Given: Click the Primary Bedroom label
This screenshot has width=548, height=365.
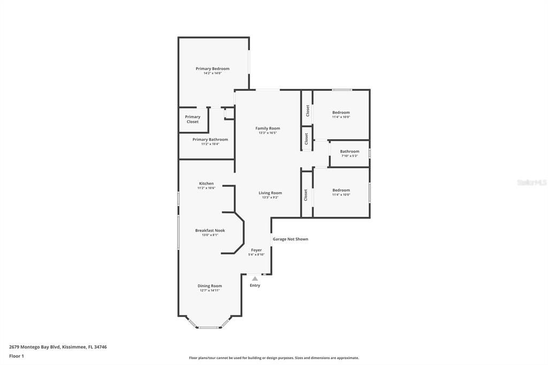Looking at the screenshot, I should pyautogui.click(x=212, y=69).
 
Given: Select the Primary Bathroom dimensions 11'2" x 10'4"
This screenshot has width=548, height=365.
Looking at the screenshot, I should pyautogui.click(x=210, y=144).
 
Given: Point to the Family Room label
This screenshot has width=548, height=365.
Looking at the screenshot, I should pyautogui.click(x=268, y=128).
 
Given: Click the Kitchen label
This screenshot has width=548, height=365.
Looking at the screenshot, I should pyautogui.click(x=206, y=184).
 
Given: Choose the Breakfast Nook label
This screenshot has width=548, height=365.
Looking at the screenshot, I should pyautogui.click(x=210, y=231).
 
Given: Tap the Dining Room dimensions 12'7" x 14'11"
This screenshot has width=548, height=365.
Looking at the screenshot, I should pyautogui.click(x=210, y=291).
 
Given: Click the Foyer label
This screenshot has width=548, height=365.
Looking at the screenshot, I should pyautogui.click(x=256, y=250).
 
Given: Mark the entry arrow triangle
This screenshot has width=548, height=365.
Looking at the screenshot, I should pyautogui.click(x=255, y=278).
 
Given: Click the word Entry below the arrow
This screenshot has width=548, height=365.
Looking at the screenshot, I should pyautogui.click(x=255, y=285).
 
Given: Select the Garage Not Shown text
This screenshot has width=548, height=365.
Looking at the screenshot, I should pyautogui.click(x=291, y=239).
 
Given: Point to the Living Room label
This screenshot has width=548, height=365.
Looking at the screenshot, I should pyautogui.click(x=270, y=193).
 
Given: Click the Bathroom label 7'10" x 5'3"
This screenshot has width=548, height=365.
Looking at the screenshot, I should pyautogui.click(x=349, y=151).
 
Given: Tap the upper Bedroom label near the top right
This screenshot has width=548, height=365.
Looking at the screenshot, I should pyautogui.click(x=341, y=112).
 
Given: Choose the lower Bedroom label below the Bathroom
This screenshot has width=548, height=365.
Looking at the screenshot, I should pyautogui.click(x=341, y=190).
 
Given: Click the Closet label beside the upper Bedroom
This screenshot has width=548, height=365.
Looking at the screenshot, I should pyautogui.click(x=307, y=110).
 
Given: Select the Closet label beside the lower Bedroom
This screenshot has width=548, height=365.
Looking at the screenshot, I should pyautogui.click(x=306, y=195).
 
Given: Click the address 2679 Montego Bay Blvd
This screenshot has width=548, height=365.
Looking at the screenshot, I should pyautogui.click(x=34, y=347).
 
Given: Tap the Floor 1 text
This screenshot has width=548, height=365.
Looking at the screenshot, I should pyautogui.click(x=17, y=356).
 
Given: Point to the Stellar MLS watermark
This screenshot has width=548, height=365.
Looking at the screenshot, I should pyautogui.click(x=531, y=182).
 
